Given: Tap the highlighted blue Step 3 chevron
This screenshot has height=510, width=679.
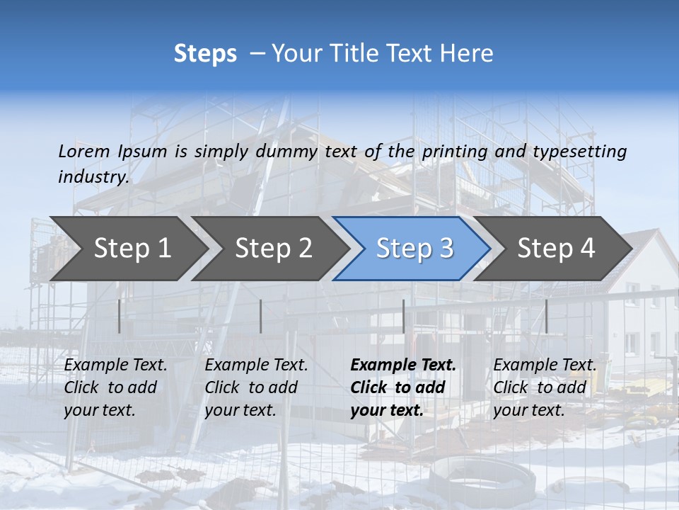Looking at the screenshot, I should click(414, 249).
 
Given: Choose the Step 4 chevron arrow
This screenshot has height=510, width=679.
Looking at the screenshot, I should click(556, 249).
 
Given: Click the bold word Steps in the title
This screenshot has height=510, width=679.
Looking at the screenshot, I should click(205, 54).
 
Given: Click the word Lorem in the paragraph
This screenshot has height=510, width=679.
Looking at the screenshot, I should click(84, 152).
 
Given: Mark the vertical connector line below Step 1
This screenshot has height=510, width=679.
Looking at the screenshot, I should click(120, 316).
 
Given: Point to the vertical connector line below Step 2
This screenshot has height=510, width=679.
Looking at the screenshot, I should click(261, 316).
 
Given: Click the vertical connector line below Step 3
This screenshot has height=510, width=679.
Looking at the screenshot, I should click(403, 316).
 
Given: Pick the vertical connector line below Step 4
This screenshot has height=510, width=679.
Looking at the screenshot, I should click(546, 316).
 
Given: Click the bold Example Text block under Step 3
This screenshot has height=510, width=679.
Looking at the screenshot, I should click(403, 387).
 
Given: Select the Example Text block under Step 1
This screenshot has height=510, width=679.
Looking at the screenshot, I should click(115, 387).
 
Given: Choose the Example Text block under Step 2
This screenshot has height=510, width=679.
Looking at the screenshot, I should click(256, 387).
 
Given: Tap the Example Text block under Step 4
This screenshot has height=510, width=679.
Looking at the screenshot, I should click(545, 387).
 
